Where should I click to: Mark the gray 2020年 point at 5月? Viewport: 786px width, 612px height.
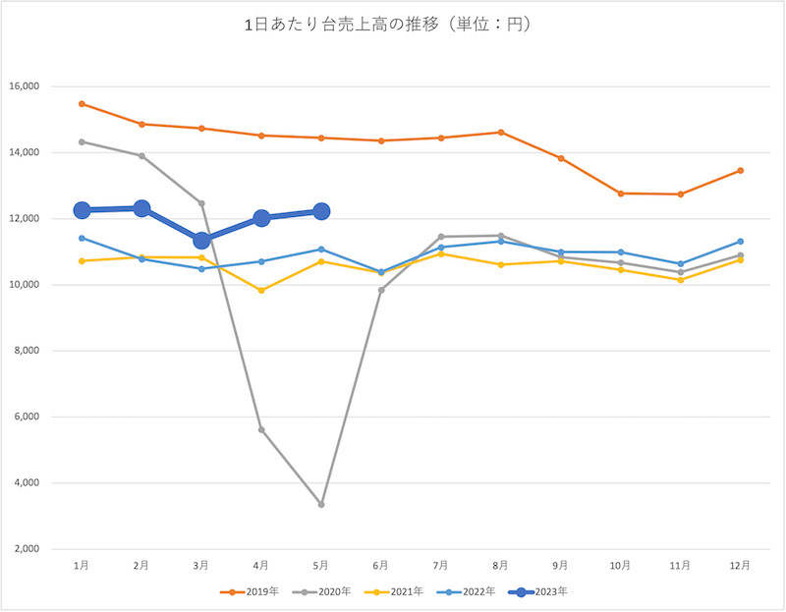[321, 504]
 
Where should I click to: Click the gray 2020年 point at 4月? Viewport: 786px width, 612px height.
[261, 429]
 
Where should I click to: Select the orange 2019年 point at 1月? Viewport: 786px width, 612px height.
[83, 103]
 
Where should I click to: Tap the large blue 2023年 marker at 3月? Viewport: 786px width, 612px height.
[201, 241]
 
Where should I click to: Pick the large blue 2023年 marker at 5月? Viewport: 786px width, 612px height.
[321, 211]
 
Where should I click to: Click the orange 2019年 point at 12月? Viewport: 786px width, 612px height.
[740, 170]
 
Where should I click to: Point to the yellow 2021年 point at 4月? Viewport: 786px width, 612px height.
[261, 290]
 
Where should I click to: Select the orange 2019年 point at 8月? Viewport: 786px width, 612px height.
[500, 132]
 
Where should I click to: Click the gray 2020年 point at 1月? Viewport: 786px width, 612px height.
[83, 141]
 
